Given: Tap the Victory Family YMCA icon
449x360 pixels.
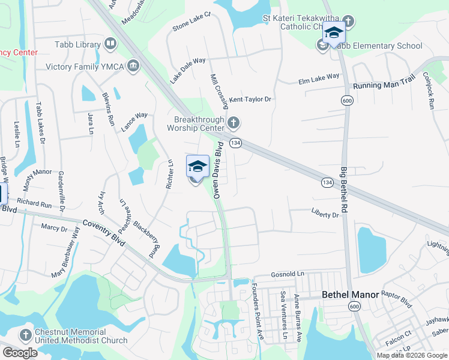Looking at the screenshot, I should click(x=133, y=65).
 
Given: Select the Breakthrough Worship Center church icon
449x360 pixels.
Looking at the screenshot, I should click(x=234, y=124).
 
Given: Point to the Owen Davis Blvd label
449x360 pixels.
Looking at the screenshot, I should click(x=218, y=170).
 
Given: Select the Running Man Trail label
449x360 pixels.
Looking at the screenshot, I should click(x=384, y=86).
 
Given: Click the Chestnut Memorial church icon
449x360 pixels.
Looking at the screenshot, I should click(x=25, y=335).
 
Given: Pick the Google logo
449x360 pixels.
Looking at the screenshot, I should click(x=20, y=353).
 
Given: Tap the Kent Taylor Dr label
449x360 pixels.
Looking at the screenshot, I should click(x=250, y=99).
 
